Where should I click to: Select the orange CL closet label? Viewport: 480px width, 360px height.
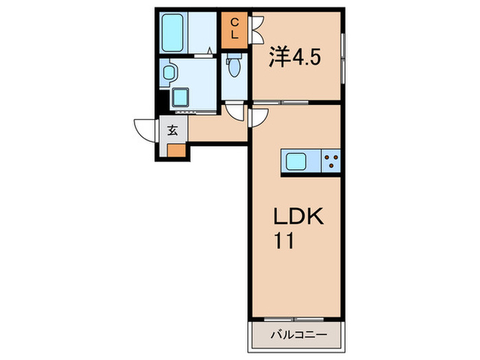[234, 29]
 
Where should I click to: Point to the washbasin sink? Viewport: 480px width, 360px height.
[169, 71]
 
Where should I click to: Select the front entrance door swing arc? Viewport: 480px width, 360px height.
[146, 130]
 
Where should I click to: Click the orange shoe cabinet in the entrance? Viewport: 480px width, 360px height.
[176, 151]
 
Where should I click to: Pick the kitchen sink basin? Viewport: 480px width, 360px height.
[296, 162]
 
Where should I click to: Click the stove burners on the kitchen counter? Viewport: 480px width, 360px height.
[331, 162]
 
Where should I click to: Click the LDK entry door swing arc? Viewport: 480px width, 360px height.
[258, 117]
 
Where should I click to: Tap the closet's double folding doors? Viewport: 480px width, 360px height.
[258, 29]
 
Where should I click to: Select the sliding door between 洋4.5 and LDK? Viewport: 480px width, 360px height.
[282, 104]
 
